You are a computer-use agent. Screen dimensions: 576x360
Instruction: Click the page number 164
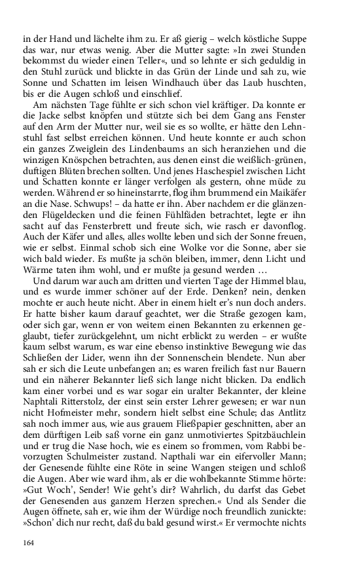tap(28, 543)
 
